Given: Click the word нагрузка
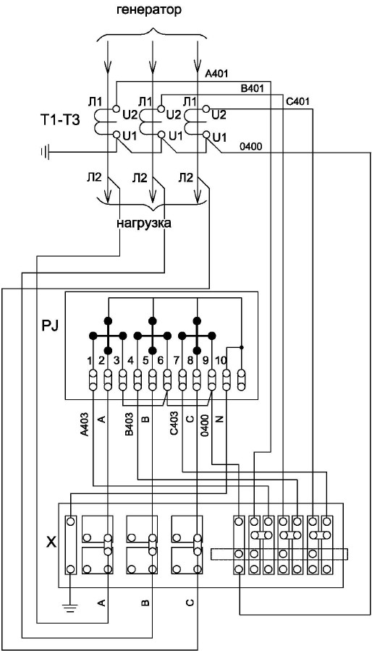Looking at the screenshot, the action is (x=143, y=223).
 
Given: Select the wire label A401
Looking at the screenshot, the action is (x=216, y=74).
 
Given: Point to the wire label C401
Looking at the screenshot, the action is (x=297, y=102).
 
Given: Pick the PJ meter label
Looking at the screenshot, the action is (x=50, y=323).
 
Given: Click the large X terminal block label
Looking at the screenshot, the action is (x=50, y=542).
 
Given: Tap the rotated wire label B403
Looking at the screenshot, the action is (x=129, y=422).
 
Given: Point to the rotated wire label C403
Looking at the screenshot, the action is (x=174, y=422).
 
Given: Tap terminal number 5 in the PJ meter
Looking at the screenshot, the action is (x=145, y=360).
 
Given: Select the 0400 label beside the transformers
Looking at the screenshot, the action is (x=250, y=147).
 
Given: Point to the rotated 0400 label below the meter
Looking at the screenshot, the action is (x=203, y=422).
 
